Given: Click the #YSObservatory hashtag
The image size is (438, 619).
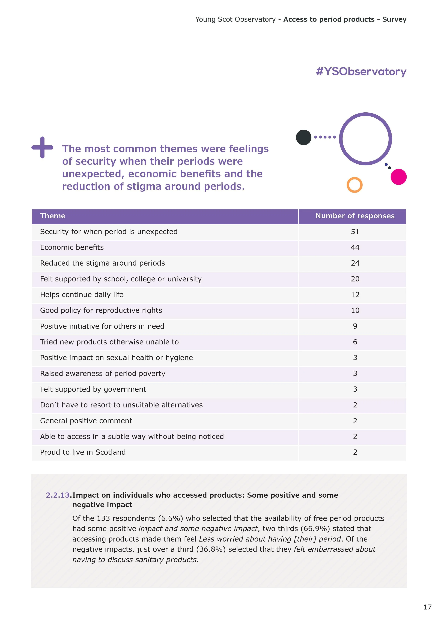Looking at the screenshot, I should click(361, 72).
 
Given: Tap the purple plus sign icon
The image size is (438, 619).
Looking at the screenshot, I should click(42, 148).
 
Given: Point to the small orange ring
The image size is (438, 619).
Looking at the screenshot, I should click(354, 185).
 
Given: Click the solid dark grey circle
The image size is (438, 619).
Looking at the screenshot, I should click(304, 137).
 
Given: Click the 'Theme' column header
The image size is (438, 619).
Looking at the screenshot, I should click(53, 216).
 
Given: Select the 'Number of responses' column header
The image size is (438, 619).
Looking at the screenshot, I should click(355, 216).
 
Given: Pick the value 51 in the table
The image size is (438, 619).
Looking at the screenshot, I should click(355, 232).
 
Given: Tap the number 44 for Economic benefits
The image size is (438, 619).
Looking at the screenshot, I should click(355, 248).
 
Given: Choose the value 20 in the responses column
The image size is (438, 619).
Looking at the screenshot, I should click(355, 279).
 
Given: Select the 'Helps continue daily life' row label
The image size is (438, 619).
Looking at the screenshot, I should click(82, 295).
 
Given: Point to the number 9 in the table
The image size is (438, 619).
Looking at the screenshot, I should click(355, 326).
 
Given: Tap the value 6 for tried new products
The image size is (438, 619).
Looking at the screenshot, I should click(355, 342).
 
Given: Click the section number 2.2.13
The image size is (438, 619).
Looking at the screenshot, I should click(58, 495).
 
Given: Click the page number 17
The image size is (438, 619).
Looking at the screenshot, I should click(427, 607).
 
